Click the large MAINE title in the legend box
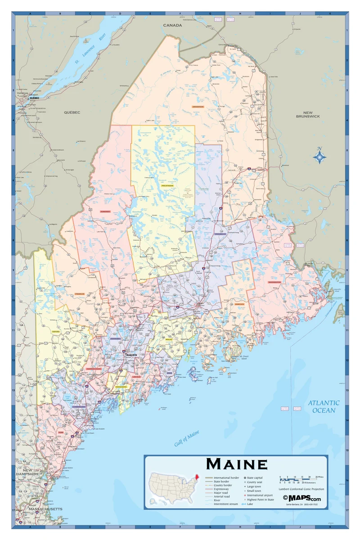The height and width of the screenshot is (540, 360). pyautogui.click(x=237, y=464)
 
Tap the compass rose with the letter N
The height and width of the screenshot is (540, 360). pyautogui.click(x=319, y=156)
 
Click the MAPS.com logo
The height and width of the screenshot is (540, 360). pyautogui.click(x=302, y=498)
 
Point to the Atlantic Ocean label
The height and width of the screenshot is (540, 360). pyautogui.click(x=324, y=406)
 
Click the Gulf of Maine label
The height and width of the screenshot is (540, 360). pyautogui.click(x=187, y=438)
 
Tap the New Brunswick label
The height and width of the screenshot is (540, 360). pyautogui.click(x=308, y=115)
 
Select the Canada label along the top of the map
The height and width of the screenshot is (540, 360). pyautogui.click(x=172, y=25)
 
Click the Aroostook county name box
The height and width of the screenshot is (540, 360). pyautogui.click(x=198, y=107)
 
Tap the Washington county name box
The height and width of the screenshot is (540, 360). pyautogui.click(x=274, y=282)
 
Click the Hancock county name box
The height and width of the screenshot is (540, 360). pyautogui.click(x=239, y=304)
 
